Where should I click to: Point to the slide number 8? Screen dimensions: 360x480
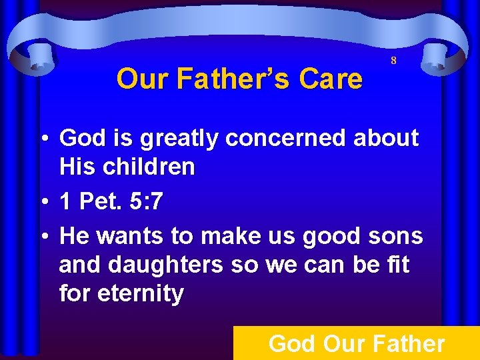(x=393, y=61)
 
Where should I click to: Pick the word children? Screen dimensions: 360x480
(x=148, y=167)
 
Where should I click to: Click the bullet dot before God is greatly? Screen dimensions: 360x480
(x=42, y=139)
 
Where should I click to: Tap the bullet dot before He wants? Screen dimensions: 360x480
(x=42, y=236)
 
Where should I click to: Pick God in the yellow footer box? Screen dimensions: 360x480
(x=292, y=344)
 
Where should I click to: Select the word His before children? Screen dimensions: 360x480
(x=79, y=167)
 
